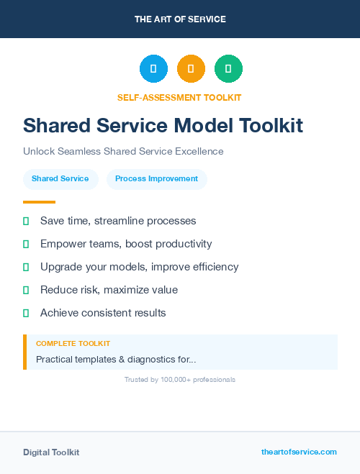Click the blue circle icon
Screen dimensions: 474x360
pos(153,68)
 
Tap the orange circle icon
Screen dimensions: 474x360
pos(191,68)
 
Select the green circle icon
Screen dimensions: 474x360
pos(228,68)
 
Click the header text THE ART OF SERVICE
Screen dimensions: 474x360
pos(180,19)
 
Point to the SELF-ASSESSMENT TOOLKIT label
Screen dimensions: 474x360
pos(179,97)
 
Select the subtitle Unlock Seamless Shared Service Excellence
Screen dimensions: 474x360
pos(123,152)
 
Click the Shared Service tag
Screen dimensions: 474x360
pos(60,179)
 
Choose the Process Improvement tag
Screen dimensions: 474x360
pos(156,179)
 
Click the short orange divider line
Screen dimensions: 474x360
pos(39,202)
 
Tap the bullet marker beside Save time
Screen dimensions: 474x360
pos(26,221)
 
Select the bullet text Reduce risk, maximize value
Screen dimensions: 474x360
pos(109,290)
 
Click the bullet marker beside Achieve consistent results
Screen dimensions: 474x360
pos(26,313)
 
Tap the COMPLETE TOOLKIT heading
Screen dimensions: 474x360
pos(73,344)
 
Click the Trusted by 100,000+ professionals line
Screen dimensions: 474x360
pos(180,380)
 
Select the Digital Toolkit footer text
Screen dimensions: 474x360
pos(51,452)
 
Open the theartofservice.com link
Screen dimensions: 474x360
pos(299,452)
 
